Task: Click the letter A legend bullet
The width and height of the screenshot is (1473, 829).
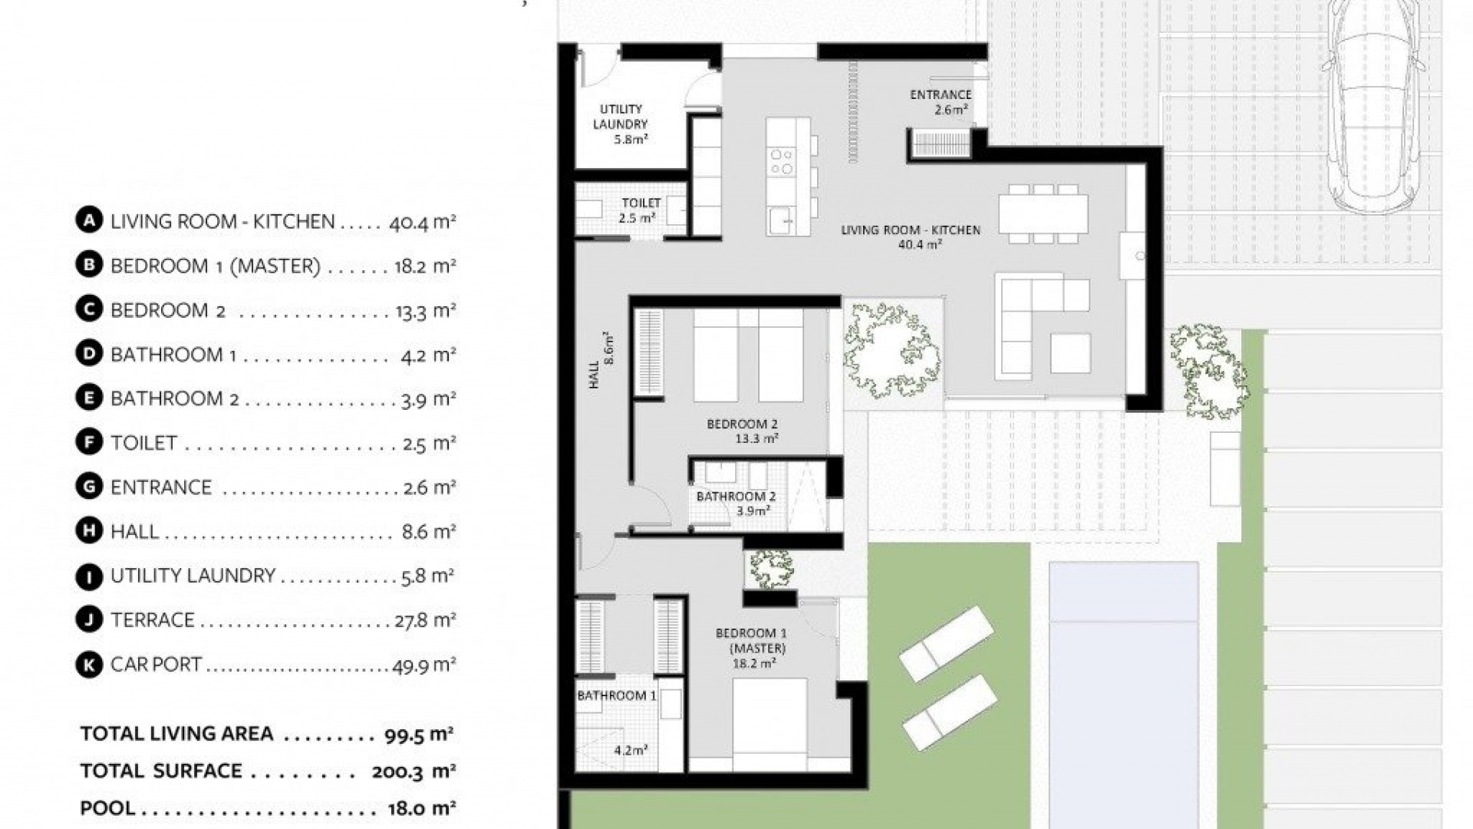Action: pos(89,221)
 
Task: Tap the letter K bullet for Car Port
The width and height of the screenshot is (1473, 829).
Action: pos(89,665)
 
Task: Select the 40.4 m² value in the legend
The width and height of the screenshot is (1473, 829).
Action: pos(422,223)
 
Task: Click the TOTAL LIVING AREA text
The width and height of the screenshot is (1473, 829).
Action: pos(176,734)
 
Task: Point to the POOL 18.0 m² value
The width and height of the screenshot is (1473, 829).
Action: pos(422,808)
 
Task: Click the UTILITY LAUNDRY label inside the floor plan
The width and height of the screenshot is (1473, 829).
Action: pos(621,117)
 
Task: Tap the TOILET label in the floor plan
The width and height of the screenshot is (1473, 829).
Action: pos(641,203)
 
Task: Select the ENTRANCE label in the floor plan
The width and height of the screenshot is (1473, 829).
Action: pos(941,95)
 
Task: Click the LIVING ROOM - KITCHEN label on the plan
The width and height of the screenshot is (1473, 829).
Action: pos(911,230)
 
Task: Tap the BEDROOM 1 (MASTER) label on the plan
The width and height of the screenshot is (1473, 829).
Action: pos(751,640)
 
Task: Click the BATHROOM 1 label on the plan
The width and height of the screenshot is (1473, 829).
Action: pos(616,695)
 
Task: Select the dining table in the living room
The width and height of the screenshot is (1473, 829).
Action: pos(1043,214)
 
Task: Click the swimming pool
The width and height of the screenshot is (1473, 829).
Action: pos(1123,691)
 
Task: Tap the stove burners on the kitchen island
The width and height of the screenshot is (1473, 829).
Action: pos(782,161)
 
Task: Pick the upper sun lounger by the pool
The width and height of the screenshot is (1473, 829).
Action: pos(947,643)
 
